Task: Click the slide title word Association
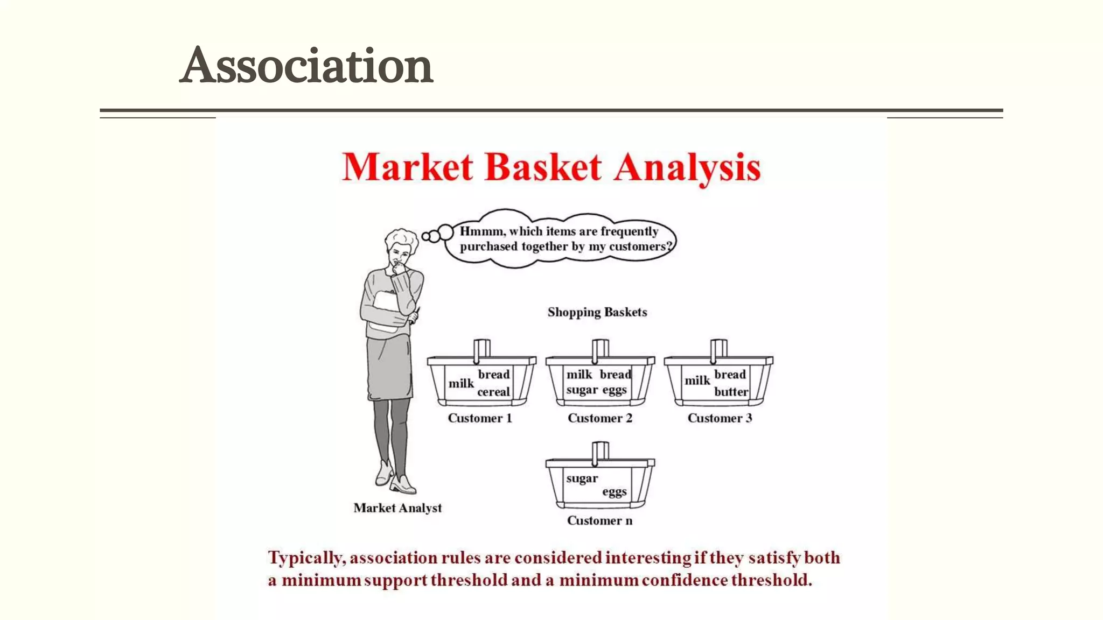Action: (x=306, y=66)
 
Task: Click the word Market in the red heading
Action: (x=407, y=167)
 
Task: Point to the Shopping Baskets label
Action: (x=597, y=312)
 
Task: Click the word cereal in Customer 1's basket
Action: (x=493, y=392)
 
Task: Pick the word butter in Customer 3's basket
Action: (x=731, y=392)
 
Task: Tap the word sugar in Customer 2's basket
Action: (x=582, y=390)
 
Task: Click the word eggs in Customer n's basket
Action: (x=614, y=492)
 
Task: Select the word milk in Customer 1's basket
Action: (x=461, y=383)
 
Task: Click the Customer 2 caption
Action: (x=599, y=418)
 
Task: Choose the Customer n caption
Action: (x=599, y=520)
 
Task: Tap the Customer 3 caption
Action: (x=720, y=418)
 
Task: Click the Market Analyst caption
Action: (x=397, y=508)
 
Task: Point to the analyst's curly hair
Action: (x=402, y=237)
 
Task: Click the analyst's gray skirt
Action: (x=389, y=369)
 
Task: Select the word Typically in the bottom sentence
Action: (x=306, y=558)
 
